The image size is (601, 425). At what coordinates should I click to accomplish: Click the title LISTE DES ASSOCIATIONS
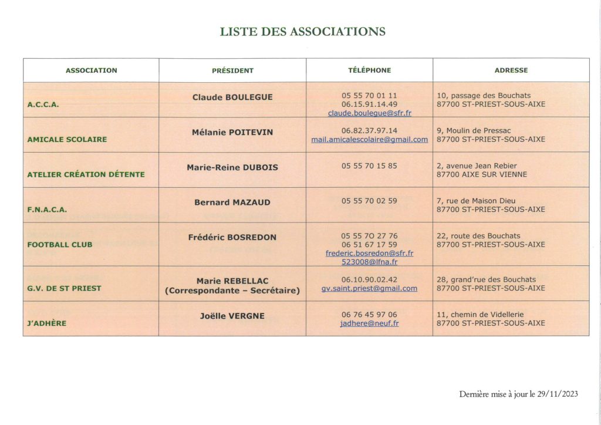(302, 32)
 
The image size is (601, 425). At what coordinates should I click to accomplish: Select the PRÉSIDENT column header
(232, 70)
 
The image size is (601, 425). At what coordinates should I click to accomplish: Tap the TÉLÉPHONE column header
(369, 70)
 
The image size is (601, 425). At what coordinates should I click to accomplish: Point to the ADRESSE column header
(511, 70)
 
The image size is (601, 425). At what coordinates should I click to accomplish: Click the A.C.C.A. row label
(43, 104)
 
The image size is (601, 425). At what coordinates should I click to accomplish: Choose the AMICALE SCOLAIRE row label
(67, 140)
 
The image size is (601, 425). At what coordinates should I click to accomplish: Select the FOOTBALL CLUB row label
(60, 244)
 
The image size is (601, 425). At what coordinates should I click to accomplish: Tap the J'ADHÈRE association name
(47, 323)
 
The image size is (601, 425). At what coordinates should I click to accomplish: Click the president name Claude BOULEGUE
(232, 97)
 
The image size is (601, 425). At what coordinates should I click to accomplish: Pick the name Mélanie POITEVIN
(232, 132)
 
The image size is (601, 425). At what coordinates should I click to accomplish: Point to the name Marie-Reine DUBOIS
(232, 167)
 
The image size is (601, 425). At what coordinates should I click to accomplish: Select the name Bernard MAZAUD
(232, 202)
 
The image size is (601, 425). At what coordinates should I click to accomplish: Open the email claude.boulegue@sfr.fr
(369, 113)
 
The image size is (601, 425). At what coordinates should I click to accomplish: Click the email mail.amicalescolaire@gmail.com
(369, 140)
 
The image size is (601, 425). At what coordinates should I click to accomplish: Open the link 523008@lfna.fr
(369, 262)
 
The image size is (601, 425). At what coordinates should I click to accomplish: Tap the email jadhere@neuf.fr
(369, 323)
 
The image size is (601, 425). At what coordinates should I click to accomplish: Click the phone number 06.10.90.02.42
(369, 279)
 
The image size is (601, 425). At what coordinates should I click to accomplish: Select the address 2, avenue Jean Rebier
(477, 166)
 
